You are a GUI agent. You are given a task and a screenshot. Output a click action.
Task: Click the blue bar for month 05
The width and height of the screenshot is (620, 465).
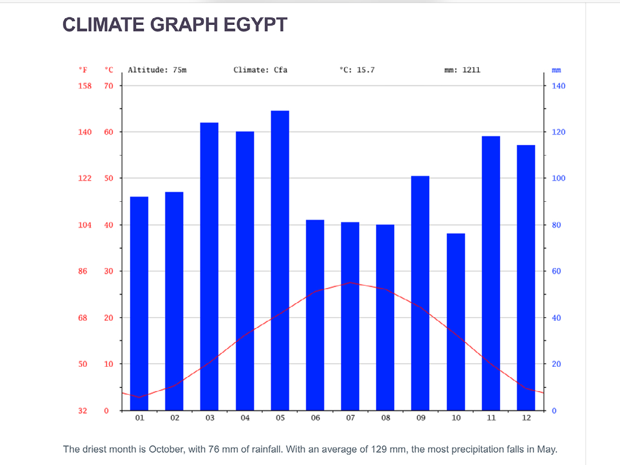pyautogui.click(x=280, y=261)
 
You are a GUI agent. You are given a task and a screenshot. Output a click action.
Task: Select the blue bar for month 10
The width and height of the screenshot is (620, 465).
pyautogui.click(x=456, y=321)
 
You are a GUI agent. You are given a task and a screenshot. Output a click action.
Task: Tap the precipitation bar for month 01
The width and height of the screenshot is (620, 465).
pyautogui.click(x=139, y=303)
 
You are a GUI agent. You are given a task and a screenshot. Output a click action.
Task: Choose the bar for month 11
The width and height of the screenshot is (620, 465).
pyautogui.click(x=491, y=273)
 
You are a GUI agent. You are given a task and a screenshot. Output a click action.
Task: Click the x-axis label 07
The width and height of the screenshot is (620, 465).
pyautogui.click(x=350, y=418)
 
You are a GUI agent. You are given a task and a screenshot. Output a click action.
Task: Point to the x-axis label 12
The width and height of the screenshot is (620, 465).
pyautogui.click(x=526, y=418)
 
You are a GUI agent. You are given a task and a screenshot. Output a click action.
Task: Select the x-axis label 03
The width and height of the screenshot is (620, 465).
pyautogui.click(x=209, y=418)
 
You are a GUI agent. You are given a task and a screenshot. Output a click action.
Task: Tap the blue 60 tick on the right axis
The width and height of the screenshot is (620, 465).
pyautogui.click(x=556, y=272)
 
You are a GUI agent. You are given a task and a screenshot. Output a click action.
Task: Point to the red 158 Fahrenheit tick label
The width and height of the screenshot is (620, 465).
pyautogui.click(x=85, y=86)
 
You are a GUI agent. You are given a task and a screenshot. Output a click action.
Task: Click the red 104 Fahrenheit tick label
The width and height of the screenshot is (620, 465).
pyautogui.click(x=85, y=225)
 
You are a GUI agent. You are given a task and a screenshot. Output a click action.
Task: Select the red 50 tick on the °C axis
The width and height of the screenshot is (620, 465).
pyautogui.click(x=108, y=178)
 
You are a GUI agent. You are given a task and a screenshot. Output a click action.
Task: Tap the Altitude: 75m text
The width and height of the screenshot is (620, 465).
pyautogui.click(x=157, y=70)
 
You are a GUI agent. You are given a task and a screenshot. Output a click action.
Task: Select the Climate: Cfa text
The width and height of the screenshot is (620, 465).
pyautogui.click(x=260, y=70)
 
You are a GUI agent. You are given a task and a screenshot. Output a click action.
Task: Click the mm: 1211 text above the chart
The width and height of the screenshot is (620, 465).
pyautogui.click(x=462, y=70)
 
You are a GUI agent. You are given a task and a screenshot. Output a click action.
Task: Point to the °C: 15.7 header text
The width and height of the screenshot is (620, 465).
pyautogui.click(x=357, y=70)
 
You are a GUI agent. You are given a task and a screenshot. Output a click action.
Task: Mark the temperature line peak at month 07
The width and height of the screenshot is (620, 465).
pyautogui.click(x=350, y=283)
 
